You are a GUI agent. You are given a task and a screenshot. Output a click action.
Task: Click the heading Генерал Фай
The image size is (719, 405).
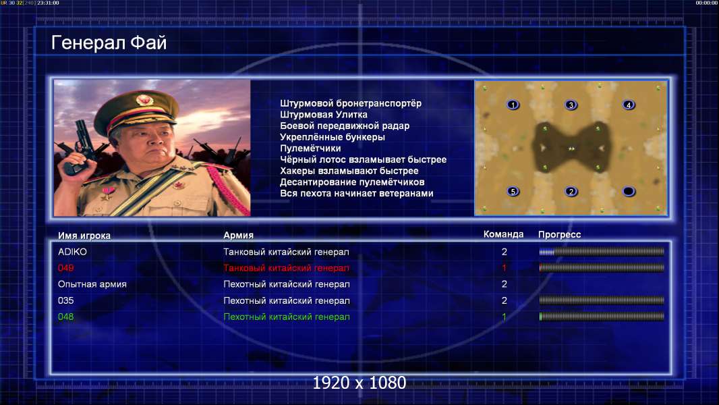[x=109, y=43]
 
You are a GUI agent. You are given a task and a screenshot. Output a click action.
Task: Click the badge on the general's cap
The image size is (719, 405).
[x=144, y=100]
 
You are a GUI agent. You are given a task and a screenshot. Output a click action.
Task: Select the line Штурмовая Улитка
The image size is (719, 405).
[x=324, y=115]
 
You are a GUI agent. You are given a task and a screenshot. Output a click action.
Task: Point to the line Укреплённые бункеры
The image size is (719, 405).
[x=333, y=137]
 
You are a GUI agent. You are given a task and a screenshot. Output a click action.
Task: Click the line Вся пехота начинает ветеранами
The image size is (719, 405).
[x=357, y=193]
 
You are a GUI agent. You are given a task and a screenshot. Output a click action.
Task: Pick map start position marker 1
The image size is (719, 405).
[x=513, y=105]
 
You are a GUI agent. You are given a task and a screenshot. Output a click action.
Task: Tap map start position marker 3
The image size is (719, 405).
[x=571, y=105]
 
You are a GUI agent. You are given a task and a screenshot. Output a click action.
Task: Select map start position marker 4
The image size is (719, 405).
[x=629, y=105]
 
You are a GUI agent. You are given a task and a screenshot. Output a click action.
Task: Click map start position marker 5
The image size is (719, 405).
[x=513, y=191]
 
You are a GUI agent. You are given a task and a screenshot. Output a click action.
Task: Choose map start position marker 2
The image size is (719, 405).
[x=571, y=191]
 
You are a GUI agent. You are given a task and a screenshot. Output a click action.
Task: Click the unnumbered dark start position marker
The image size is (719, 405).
[x=629, y=191]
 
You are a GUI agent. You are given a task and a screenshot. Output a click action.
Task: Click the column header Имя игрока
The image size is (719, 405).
[x=84, y=236]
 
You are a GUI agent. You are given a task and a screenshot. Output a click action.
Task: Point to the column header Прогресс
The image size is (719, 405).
[x=559, y=234]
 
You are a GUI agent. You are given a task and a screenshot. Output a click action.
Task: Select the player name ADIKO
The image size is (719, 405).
[x=72, y=252]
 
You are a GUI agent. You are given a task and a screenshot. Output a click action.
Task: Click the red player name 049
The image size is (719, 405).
[x=66, y=268]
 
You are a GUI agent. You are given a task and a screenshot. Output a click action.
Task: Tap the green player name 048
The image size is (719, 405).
[x=66, y=317]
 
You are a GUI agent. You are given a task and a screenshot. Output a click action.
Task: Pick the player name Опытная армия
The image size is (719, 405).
[x=92, y=284]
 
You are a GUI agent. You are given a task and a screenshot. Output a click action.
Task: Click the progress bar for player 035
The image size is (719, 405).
[x=602, y=300]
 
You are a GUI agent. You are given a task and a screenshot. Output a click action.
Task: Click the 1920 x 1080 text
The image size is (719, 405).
[x=359, y=383]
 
